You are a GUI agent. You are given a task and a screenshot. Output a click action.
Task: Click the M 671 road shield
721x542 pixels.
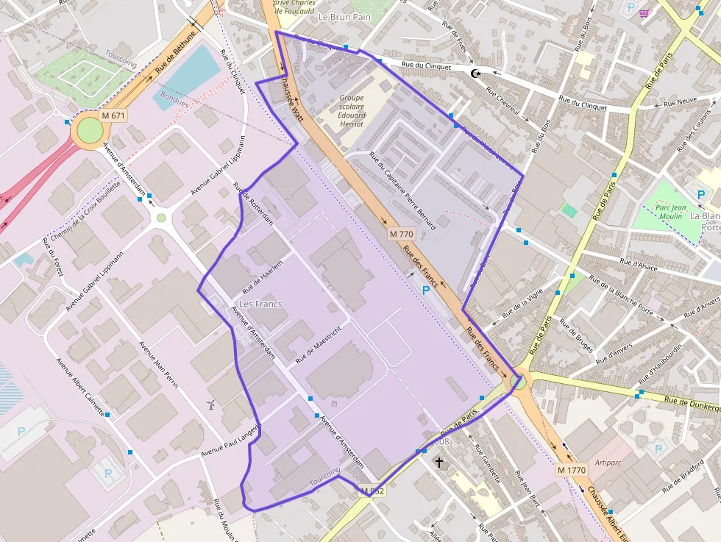click(114, 116)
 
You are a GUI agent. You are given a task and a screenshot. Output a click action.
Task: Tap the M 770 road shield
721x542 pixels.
click(402, 234)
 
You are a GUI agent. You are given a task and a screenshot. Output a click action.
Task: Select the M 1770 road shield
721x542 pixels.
click(570, 470)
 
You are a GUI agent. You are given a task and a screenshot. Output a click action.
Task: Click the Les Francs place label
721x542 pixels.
click(260, 304)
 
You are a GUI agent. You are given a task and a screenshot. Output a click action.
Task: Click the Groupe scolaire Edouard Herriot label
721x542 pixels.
click(352, 111)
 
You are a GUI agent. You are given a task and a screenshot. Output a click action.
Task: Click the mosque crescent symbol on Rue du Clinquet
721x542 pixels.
click(475, 73)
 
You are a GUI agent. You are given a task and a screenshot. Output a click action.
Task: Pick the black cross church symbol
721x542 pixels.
click(440, 463)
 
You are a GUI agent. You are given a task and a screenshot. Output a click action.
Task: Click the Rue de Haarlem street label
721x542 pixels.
click(263, 272)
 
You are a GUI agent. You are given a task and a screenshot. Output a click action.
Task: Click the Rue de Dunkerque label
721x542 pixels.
click(692, 403)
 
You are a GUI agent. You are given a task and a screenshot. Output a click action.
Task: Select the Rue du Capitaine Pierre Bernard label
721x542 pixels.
click(402, 191)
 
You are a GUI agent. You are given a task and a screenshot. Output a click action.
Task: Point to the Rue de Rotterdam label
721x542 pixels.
click(254, 204)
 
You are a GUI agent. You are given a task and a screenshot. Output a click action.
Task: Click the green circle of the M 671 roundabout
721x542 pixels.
click(90, 131)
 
